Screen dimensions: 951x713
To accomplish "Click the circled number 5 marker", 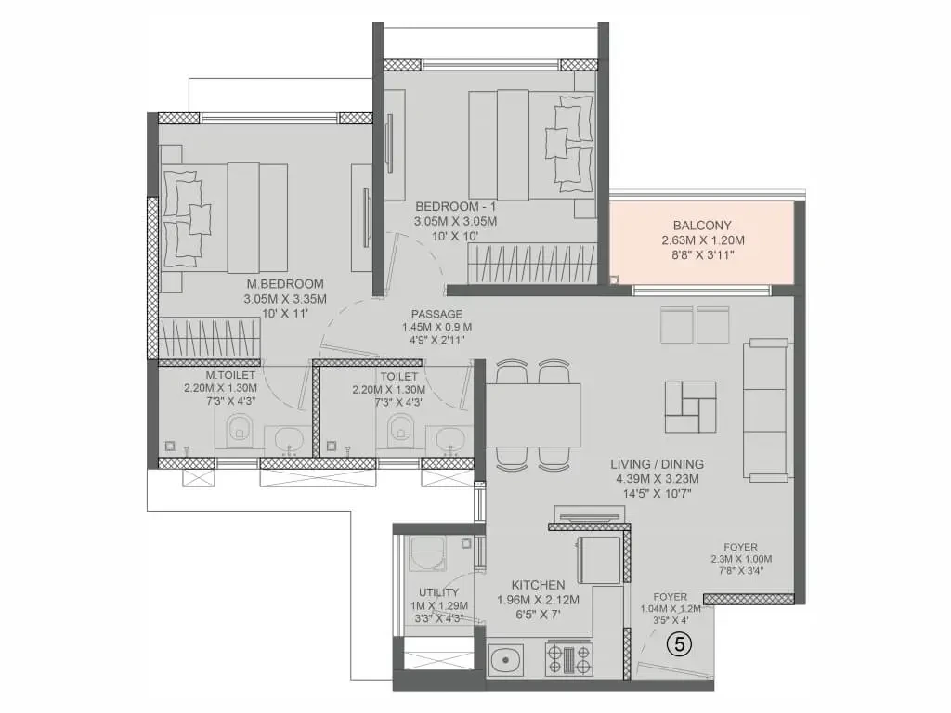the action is [679, 644].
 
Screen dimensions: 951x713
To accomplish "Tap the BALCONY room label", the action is [702, 225].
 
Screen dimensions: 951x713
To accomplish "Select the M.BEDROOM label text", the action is [285, 284].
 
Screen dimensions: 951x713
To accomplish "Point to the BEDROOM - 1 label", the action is [455, 207].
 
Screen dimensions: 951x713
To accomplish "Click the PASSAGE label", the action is [436, 314].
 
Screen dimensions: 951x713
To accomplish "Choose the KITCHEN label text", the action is [538, 585].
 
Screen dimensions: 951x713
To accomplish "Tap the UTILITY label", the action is [438, 592].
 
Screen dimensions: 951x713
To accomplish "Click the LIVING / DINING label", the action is [657, 464].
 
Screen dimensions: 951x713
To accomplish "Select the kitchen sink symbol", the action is [506, 658].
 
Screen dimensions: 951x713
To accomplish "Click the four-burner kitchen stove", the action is [569, 659].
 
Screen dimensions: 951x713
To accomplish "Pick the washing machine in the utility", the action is [428, 553].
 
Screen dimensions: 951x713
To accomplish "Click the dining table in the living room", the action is [533, 415].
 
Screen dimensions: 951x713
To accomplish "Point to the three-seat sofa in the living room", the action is [767, 411].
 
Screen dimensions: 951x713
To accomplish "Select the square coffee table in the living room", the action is [690, 407].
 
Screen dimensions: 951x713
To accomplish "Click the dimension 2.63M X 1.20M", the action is [702, 240].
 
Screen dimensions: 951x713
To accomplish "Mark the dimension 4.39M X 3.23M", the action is [657, 479].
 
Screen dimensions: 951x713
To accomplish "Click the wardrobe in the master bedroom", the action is [210, 340].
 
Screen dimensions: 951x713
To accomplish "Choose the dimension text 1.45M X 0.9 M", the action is [436, 328].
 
